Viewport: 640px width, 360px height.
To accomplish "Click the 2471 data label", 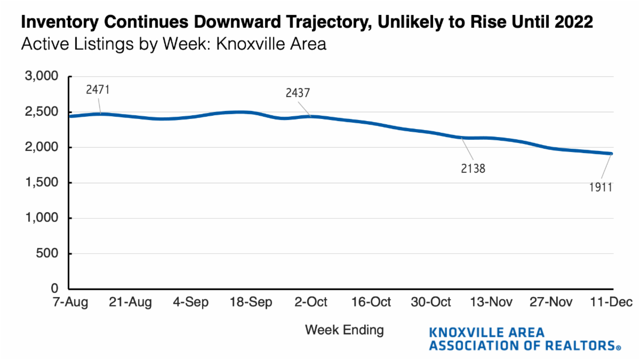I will coord(98,90).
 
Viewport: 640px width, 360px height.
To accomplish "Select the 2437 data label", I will coord(298,93).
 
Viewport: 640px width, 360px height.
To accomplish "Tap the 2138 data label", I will coord(474,169).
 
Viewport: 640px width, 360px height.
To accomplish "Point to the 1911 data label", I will coord(600,187).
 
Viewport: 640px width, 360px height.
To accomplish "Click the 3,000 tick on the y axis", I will coord(41,77).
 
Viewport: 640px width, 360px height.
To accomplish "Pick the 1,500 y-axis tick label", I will coord(41,183).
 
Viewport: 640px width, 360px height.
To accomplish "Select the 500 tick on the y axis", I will coord(47,254).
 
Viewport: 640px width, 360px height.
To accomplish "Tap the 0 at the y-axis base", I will coord(54,289).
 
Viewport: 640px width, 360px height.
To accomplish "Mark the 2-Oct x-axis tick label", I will coord(311,302).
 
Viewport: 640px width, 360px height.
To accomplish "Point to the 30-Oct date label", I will coord(430,302).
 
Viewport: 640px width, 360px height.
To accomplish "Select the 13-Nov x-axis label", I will coord(491,302).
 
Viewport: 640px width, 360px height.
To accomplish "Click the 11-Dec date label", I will coord(611,302).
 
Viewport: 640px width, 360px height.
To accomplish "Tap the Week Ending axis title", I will coord(344,330).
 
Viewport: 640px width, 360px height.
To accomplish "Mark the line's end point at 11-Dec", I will coord(611,154).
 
